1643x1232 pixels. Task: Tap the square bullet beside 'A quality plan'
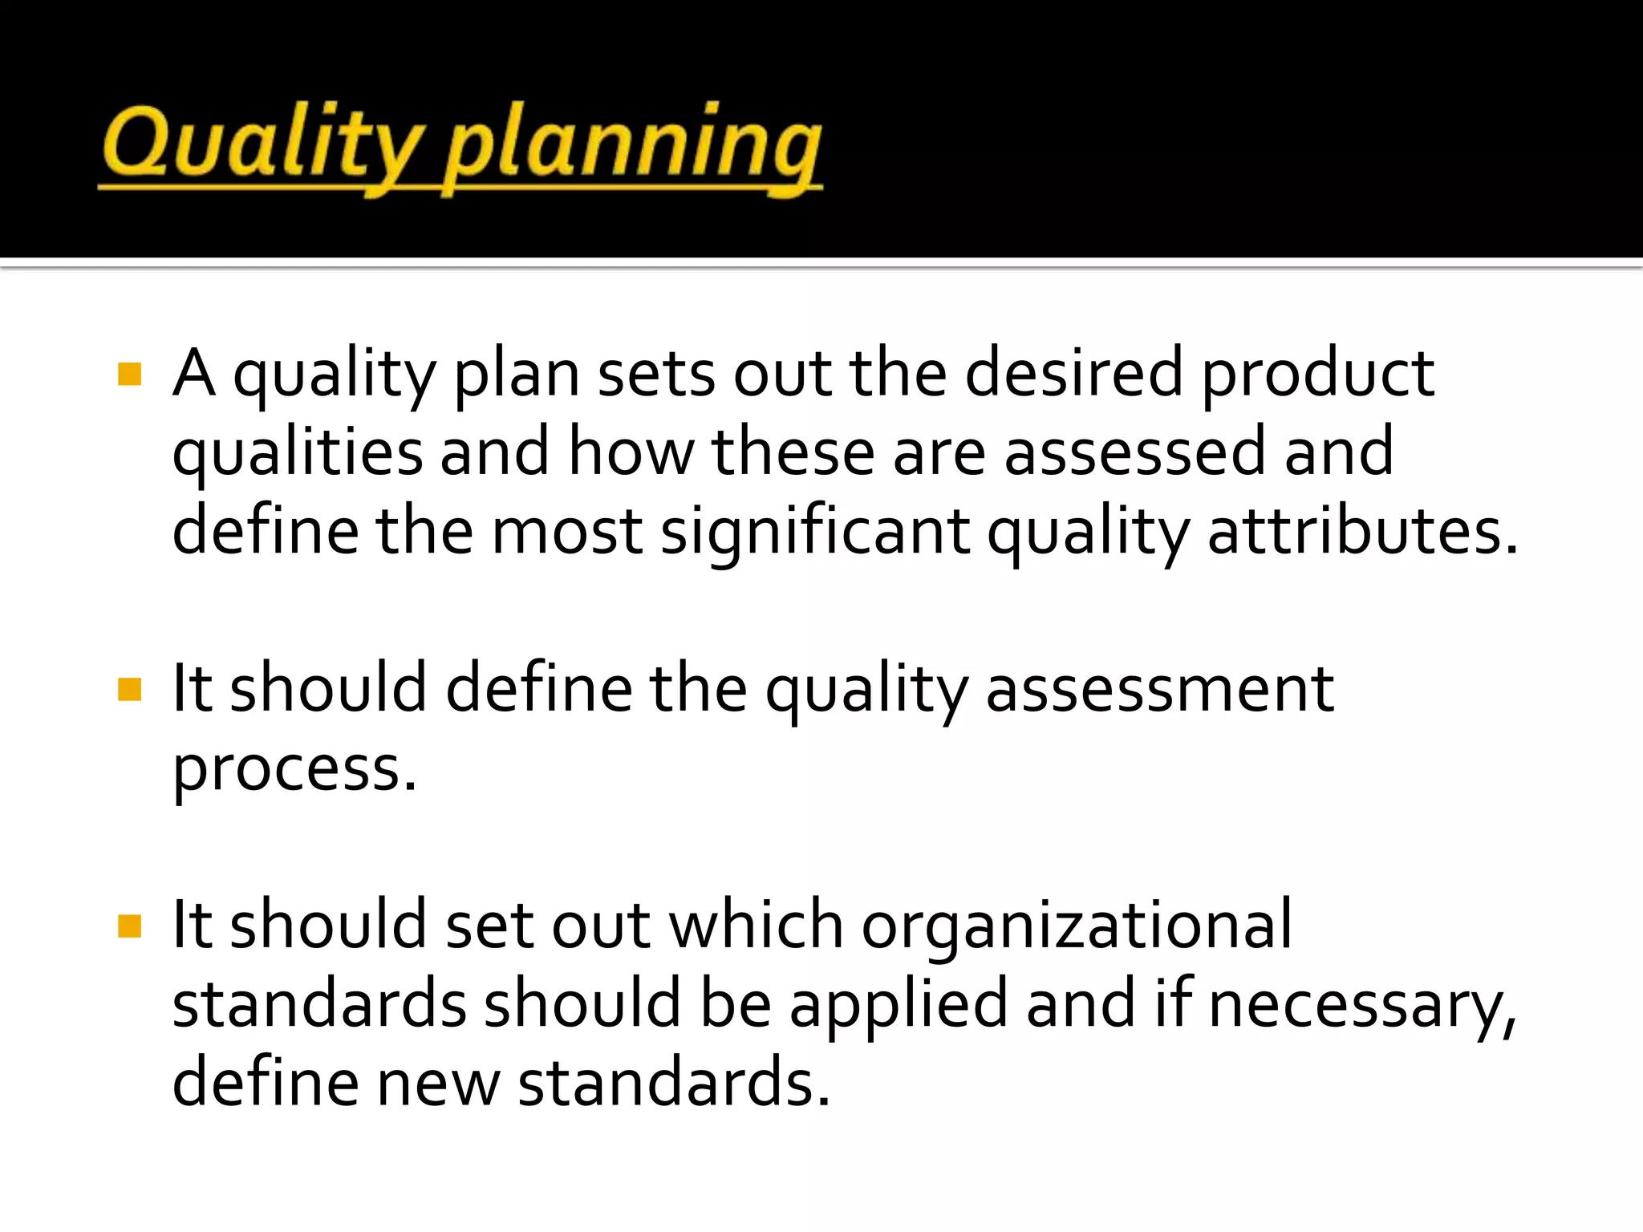click(x=129, y=375)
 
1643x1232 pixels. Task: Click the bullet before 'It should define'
click(x=129, y=690)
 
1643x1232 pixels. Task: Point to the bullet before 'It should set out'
click(x=129, y=926)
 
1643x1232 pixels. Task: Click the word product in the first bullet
click(x=1317, y=375)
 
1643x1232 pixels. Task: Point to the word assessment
click(x=1159, y=690)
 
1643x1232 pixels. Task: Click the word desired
click(x=1073, y=374)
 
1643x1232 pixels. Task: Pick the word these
click(x=793, y=452)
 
